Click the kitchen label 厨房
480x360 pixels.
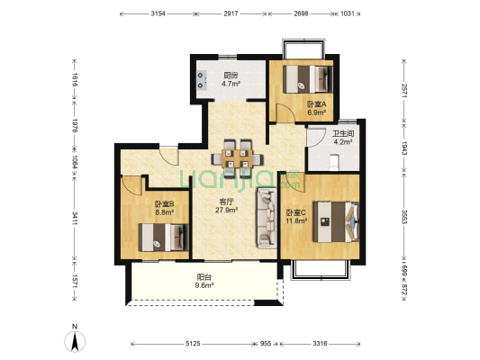click(231, 76)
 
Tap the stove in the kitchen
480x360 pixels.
click(202, 80)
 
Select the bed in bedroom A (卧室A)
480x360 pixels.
click(307, 79)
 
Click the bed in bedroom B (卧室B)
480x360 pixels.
click(163, 238)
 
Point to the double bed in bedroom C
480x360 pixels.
click(336, 221)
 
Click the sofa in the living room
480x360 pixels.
click(267, 218)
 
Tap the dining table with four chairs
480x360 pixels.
click(237, 157)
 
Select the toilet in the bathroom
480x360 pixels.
click(334, 162)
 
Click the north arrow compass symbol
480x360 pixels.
click(75, 341)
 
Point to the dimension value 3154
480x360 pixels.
click(158, 13)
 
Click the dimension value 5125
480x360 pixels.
click(193, 344)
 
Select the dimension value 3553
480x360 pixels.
click(404, 217)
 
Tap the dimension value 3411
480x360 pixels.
click(75, 218)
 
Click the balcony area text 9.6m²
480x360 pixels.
click(204, 285)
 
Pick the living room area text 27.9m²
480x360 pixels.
click(227, 210)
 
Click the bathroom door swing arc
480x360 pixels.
click(316, 138)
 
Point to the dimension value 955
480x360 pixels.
click(266, 344)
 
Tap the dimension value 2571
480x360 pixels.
click(404, 91)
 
